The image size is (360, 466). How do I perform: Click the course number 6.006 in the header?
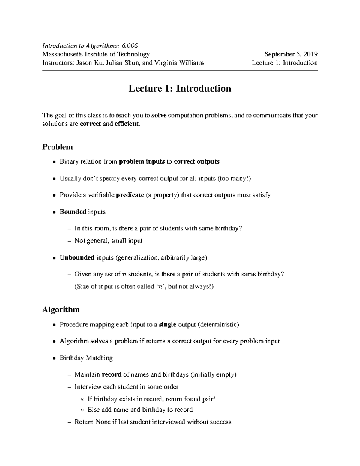pos(130,46)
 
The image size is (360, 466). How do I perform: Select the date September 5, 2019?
pos(291,54)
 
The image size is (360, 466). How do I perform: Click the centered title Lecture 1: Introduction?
pos(180,89)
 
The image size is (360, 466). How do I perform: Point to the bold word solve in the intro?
pos(159,116)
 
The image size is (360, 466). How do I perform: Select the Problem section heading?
pos(58,147)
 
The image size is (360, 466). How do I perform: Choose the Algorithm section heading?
pos(61,310)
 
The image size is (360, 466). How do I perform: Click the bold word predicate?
pos(130,195)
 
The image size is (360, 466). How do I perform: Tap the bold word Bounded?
pos(73,212)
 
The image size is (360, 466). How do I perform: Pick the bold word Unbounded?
pos(77,257)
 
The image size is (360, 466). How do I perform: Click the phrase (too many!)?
pos(234,179)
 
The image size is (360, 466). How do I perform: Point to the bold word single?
pos(167,325)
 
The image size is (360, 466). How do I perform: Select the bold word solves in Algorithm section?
pos(99,341)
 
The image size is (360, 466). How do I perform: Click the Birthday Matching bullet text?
pos(86,358)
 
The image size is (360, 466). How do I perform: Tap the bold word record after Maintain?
pos(112,374)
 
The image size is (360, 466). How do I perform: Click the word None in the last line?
pos(103,422)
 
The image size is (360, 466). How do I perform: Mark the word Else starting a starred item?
pos(94,410)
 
